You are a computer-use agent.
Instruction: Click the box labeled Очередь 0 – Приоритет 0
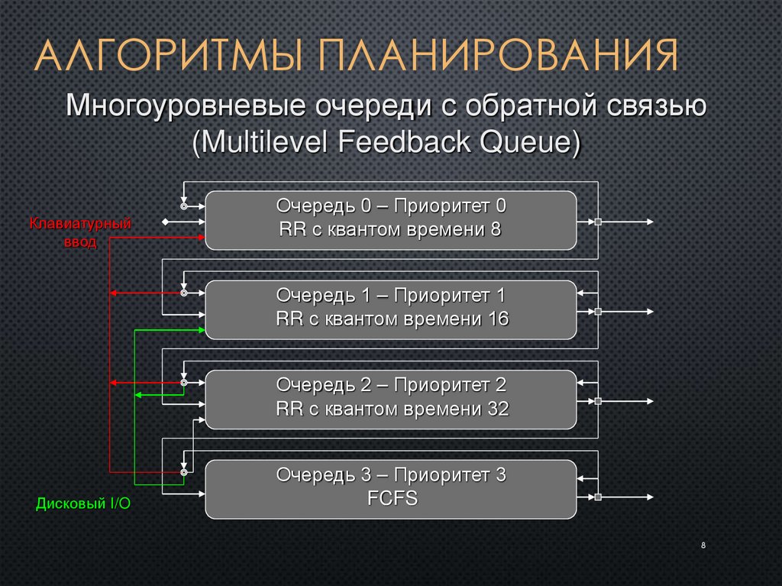coord(390,220)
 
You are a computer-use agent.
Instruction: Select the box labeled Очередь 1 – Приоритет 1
coord(390,309)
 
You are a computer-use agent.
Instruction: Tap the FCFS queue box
coord(390,489)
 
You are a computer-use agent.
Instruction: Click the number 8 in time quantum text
coord(496,229)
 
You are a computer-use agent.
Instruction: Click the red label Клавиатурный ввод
coord(80,233)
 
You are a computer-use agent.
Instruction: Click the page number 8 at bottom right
coord(702,546)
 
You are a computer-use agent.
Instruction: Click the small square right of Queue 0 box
coord(599,222)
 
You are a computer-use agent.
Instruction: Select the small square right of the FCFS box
coord(599,497)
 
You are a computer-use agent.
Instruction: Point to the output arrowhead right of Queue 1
coord(651,312)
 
